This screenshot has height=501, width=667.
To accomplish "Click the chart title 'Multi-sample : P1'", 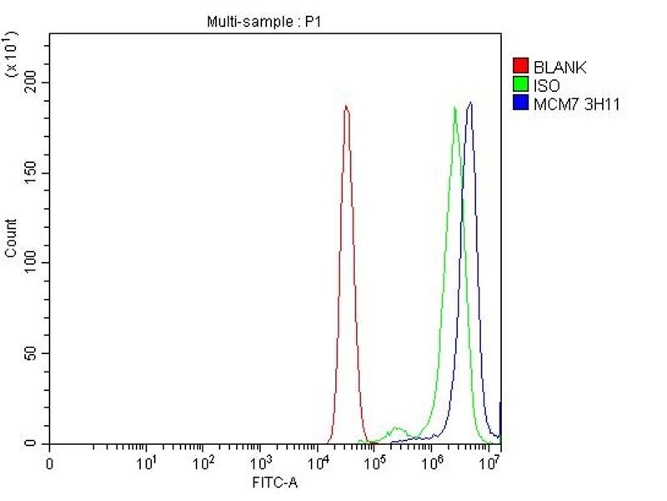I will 263,23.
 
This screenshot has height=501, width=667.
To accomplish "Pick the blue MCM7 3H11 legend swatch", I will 521,104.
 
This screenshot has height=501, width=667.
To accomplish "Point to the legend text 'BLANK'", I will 560,68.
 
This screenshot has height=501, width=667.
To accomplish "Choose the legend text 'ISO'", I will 547,85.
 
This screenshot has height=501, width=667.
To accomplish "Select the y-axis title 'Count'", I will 11,238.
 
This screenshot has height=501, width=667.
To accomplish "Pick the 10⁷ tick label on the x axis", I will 489,462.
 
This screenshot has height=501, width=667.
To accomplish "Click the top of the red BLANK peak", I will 346,106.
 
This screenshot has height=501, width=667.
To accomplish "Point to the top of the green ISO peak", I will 455,107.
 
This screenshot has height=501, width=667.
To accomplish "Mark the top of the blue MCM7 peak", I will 471,103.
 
